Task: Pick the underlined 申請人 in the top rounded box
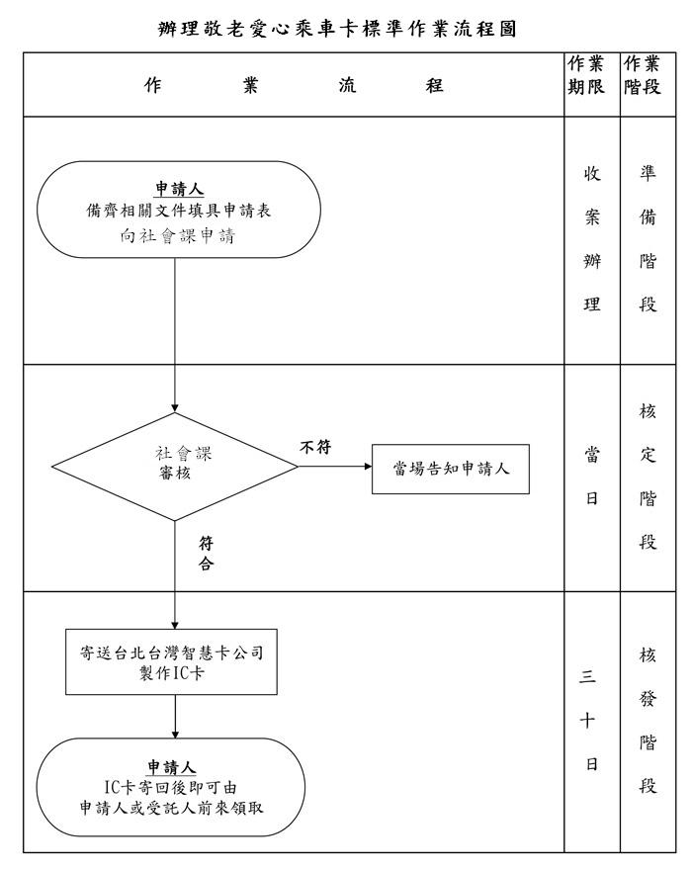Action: pos(178,190)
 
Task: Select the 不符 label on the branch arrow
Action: pos(315,448)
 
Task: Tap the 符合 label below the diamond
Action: pos(206,554)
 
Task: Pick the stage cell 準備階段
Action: pos(647,240)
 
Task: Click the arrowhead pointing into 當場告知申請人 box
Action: pos(368,464)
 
